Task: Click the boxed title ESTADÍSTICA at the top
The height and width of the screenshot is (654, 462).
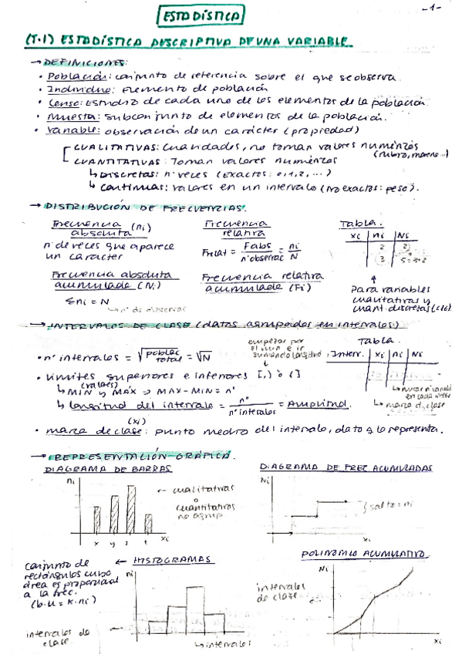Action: click(x=202, y=15)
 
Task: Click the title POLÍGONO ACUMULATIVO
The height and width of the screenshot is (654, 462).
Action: click(x=366, y=554)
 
